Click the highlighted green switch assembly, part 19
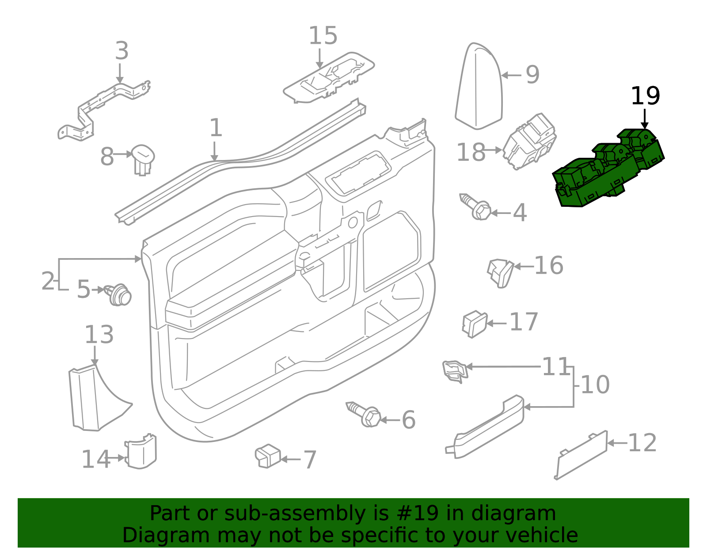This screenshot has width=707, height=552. point(608,170)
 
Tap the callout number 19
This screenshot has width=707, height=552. point(645,96)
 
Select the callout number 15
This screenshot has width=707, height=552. point(323,36)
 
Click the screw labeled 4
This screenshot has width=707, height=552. point(476,207)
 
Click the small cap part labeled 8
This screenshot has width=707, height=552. point(143,158)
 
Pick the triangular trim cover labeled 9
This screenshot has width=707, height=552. point(479,88)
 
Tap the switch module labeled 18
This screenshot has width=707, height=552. point(529,141)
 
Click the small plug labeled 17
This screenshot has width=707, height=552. point(474,324)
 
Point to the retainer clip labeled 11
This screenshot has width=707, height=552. point(455,370)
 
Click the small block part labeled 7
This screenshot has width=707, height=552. point(268,456)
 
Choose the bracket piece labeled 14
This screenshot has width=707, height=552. point(141,452)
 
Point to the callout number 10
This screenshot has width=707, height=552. point(595,385)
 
